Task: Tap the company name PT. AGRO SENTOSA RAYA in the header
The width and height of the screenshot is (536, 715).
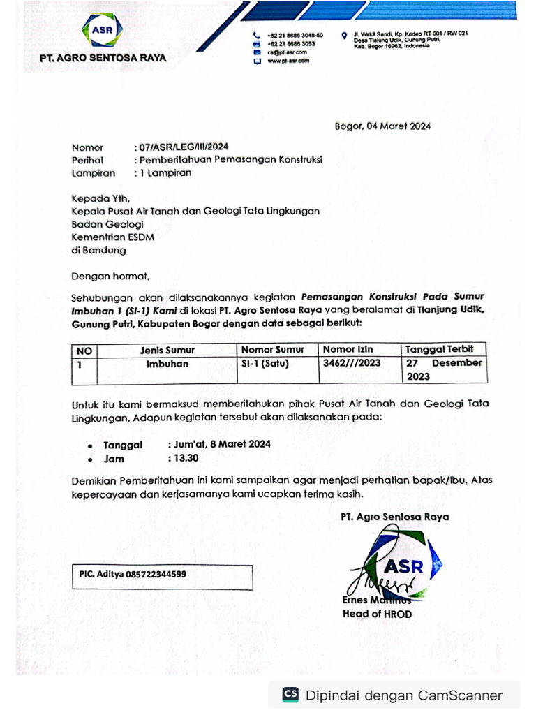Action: pos(103,58)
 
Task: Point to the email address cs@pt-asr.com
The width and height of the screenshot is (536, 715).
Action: pos(286,52)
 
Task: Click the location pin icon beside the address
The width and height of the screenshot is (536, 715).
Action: pos(344,35)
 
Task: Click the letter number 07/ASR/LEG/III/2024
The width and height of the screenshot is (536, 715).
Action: pos(183,147)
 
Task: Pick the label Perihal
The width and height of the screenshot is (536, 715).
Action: pos(87,160)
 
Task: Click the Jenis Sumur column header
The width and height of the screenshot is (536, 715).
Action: pos(167,350)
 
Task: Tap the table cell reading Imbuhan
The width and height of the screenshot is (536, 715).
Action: pos(167,364)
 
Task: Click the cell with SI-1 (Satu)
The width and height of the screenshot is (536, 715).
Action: pos(265,364)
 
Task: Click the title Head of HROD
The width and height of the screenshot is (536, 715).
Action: pos(377,614)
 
